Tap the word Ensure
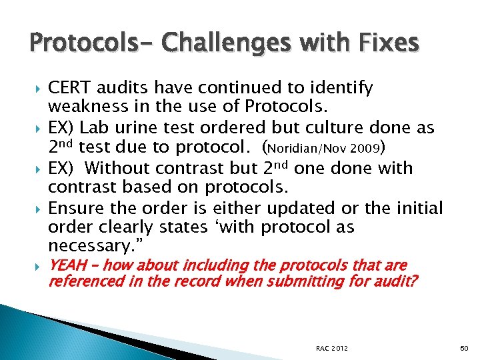74,208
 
